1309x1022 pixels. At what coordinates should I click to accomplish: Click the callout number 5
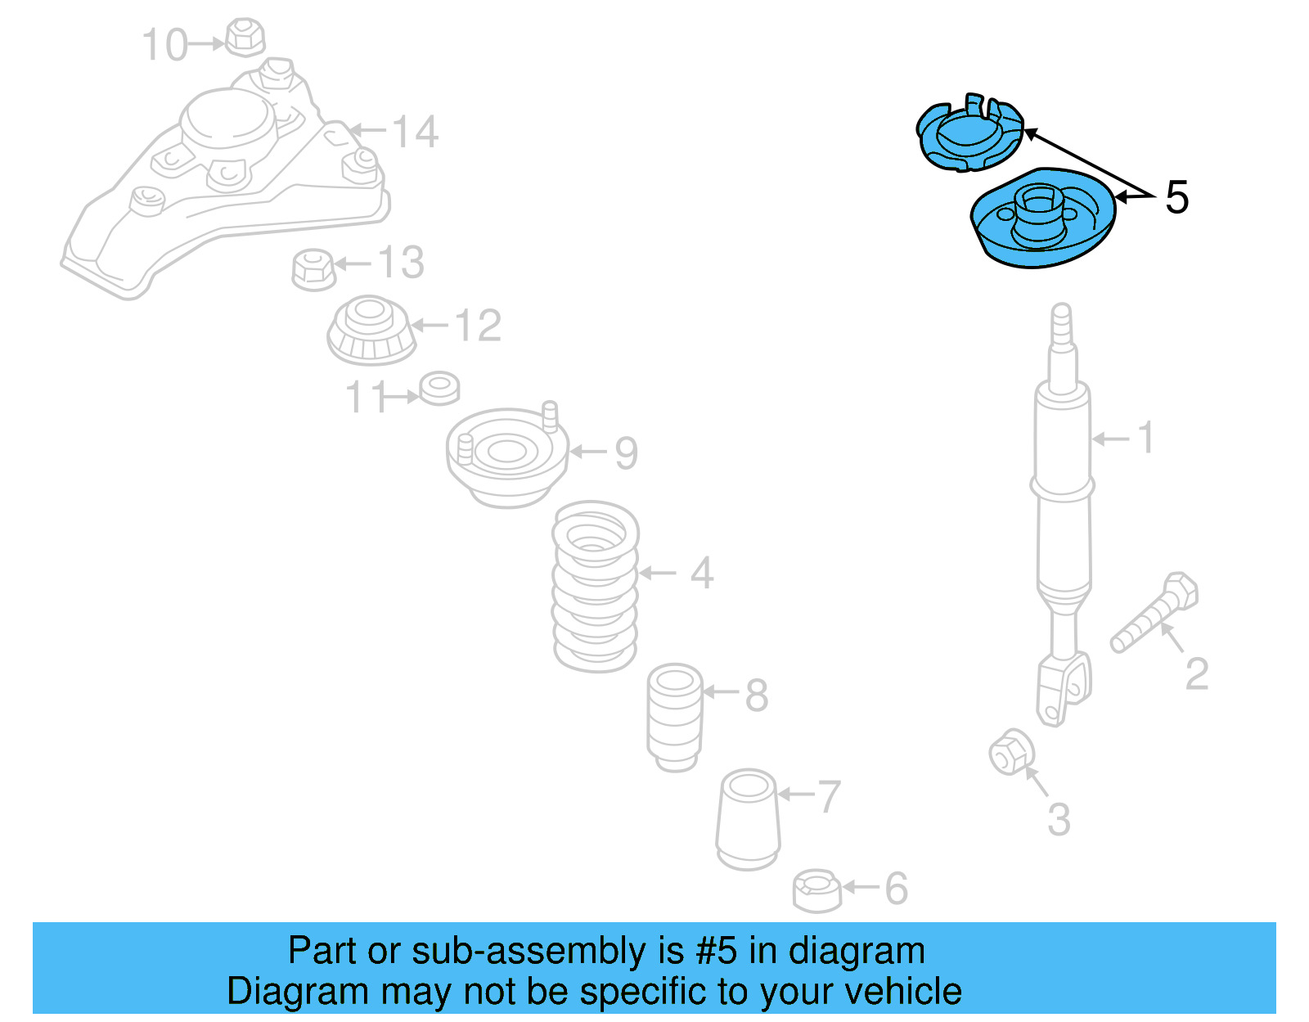[1176, 197]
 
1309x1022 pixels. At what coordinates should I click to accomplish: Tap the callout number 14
[416, 132]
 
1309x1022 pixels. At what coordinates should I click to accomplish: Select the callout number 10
[165, 44]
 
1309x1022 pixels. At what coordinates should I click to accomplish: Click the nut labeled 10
[244, 37]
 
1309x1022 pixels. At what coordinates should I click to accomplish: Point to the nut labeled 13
[313, 268]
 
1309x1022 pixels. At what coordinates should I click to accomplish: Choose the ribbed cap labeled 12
[371, 331]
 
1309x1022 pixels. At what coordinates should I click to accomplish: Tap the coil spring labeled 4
[596, 585]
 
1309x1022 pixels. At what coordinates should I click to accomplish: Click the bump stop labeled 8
[675, 717]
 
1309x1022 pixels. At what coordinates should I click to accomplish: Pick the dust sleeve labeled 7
[748, 819]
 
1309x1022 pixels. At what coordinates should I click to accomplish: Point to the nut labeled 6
[816, 890]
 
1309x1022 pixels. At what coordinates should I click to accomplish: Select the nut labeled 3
[1011, 751]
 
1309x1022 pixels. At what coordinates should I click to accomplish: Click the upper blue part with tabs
[969, 136]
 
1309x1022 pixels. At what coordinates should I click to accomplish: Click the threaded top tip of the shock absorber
[1061, 323]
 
